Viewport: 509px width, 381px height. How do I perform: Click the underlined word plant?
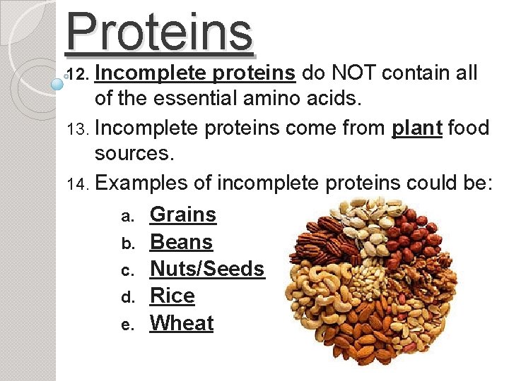[x=417, y=128]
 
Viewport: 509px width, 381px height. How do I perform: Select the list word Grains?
[x=183, y=214]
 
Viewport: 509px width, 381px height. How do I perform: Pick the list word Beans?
[x=181, y=242]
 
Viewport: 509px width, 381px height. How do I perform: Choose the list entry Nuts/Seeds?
[x=206, y=269]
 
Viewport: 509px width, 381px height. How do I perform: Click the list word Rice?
[x=172, y=296]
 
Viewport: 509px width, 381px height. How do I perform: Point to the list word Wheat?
[x=182, y=323]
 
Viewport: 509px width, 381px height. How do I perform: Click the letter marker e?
[x=127, y=325]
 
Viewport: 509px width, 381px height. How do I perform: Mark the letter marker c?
[x=127, y=271]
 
